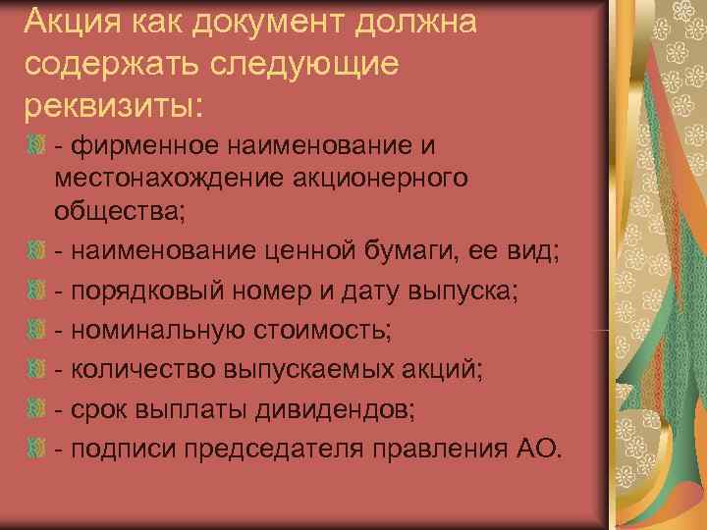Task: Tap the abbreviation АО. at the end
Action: pyautogui.click(x=539, y=447)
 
